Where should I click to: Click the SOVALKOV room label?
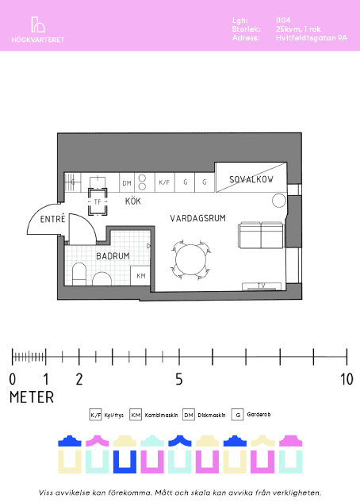click(251, 179)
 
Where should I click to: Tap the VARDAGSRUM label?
click(197, 218)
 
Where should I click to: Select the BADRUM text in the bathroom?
click(113, 256)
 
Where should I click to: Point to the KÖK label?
click(132, 201)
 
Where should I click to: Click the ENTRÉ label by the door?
click(52, 219)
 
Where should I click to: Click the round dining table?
click(191, 260)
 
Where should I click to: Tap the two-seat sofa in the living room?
click(261, 236)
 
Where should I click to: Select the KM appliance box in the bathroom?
click(140, 276)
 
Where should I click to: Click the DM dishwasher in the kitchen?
click(127, 183)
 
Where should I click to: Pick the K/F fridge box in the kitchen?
click(164, 182)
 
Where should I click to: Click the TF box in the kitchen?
click(98, 201)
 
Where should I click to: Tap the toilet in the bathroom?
click(79, 274)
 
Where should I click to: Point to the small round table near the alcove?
click(278, 201)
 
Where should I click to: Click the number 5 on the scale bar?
click(179, 379)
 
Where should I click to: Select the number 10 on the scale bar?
click(347, 379)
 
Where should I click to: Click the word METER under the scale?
click(32, 397)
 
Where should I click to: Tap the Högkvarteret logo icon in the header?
click(38, 25)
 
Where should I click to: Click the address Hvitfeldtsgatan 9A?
click(312, 38)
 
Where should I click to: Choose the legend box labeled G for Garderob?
click(238, 415)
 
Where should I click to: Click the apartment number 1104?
click(283, 21)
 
